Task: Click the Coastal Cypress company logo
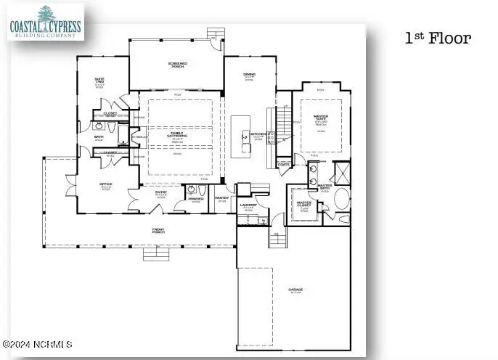[x=46, y=22]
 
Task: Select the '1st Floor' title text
[x=438, y=38]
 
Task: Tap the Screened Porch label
[x=176, y=66]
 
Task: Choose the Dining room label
[x=249, y=75]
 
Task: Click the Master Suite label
[x=320, y=119]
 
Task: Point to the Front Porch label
[x=158, y=231]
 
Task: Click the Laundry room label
[x=248, y=206]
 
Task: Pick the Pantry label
[x=222, y=198]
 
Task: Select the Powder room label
[x=195, y=198]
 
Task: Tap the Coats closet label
[x=283, y=165]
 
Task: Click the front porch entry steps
[x=155, y=254]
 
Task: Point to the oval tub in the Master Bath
[x=342, y=198]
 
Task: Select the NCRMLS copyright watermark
[x=38, y=344]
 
